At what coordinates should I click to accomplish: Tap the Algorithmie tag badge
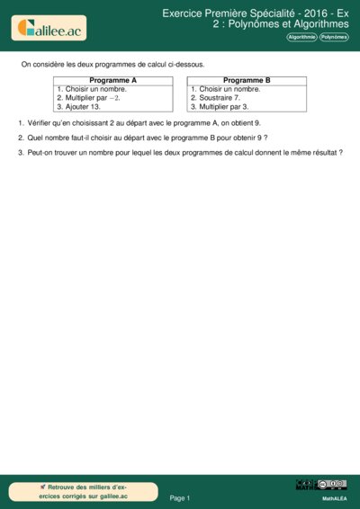pyautogui.click(x=301, y=37)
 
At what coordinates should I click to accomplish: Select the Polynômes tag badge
pyautogui.click(x=334, y=37)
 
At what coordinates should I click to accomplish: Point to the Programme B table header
pyautogui.click(x=247, y=80)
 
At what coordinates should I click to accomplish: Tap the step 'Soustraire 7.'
pyautogui.click(x=215, y=97)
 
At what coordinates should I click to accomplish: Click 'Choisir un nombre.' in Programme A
pyautogui.click(x=91, y=89)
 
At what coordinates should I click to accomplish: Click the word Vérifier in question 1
pyautogui.click(x=41, y=122)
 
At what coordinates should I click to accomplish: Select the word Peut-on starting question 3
pyautogui.click(x=41, y=153)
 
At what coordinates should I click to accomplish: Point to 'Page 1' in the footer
pyautogui.click(x=180, y=497)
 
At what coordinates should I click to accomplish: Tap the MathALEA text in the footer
pyautogui.click(x=334, y=497)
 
